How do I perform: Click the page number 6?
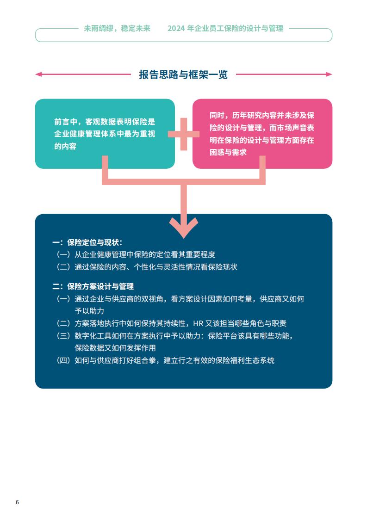17,502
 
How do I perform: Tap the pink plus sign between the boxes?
183,134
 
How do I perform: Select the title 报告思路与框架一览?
183,74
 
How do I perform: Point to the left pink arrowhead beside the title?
38,74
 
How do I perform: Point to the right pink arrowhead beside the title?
329,74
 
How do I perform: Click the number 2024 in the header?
176,29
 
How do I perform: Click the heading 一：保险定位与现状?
87,242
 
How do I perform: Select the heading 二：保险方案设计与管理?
93,286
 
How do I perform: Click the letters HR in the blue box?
198,323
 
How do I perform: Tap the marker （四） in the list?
63,360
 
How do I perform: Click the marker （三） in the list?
63,336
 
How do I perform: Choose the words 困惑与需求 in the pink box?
228,152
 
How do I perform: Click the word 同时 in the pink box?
217,116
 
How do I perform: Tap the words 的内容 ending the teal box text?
65,146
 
